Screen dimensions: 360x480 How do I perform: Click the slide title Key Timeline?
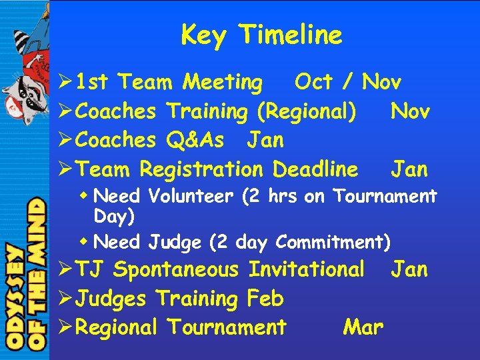coord(261,35)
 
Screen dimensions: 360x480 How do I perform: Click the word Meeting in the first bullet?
coord(223,83)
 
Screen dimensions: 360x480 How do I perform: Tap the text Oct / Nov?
coord(347,83)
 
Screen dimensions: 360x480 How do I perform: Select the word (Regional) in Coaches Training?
coord(306,111)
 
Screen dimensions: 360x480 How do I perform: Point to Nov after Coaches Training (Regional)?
coord(410,111)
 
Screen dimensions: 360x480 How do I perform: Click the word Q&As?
coord(196,140)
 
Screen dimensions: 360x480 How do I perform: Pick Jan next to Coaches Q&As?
coord(265,140)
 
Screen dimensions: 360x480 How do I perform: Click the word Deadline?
coord(315,169)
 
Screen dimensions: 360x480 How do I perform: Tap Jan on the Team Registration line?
coord(409,169)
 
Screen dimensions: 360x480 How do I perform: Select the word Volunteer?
coord(191,197)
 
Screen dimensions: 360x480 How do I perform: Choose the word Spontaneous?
coord(175,270)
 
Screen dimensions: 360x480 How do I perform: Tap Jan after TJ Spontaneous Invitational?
coord(409,270)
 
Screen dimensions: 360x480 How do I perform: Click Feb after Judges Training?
coord(265,299)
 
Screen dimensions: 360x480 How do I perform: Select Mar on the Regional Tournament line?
coord(363,327)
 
